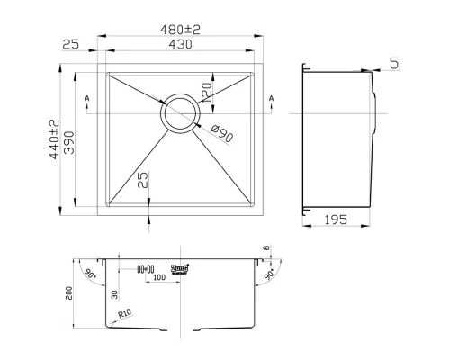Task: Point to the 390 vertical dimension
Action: tap(68, 139)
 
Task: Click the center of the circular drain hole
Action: tap(180, 112)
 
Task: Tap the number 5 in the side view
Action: tap(395, 63)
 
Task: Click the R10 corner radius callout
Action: tap(125, 314)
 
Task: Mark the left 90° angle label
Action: tap(89, 271)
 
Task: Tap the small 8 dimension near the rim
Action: tap(266, 249)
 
